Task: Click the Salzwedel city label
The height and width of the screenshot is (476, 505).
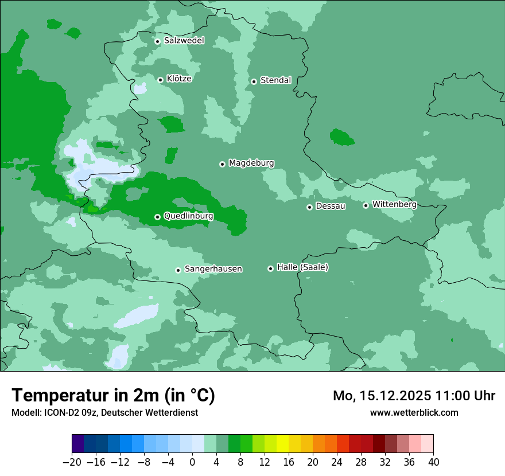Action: coord(184,41)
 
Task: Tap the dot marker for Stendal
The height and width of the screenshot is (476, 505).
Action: coord(254,81)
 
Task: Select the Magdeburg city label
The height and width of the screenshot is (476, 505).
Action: coord(251,163)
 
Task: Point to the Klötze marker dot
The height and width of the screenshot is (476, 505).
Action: coord(161,80)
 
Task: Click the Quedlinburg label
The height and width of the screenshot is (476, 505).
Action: coord(188,216)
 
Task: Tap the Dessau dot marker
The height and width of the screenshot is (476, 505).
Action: coord(309,207)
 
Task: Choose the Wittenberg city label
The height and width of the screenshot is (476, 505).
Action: coord(394,205)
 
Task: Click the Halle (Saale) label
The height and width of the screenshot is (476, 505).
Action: coord(302,267)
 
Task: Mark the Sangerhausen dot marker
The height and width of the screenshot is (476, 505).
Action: coord(178,270)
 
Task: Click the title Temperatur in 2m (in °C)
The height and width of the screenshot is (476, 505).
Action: coord(113,396)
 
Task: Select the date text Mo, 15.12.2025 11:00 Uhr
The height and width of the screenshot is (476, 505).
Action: coord(414,396)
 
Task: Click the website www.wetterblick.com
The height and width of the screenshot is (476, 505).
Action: coord(414,412)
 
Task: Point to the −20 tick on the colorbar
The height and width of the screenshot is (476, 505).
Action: coord(72,462)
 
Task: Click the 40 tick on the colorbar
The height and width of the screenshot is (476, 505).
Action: coord(433,462)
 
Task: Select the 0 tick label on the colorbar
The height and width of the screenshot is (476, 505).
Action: coord(192,462)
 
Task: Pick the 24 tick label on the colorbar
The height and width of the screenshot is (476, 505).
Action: coord(337,462)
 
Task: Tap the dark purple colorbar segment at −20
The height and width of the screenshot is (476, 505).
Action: coord(78,444)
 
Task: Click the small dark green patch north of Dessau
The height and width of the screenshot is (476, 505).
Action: coord(342,137)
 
